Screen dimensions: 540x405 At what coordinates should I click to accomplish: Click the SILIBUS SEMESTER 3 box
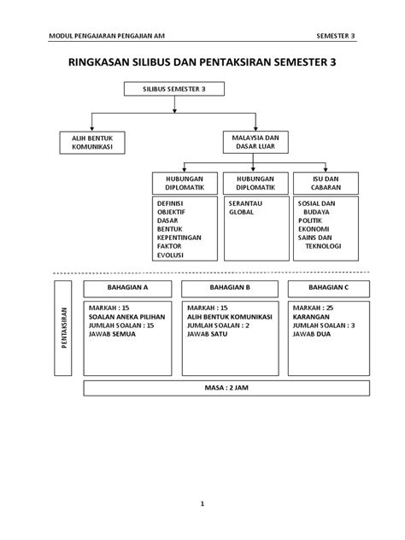point(175,87)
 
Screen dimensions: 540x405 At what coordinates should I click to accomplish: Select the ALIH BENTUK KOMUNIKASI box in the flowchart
point(92,142)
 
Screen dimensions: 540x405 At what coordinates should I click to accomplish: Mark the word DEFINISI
point(172,203)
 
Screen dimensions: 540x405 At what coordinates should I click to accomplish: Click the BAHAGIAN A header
point(127,287)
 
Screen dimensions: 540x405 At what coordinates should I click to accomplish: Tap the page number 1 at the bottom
point(202,504)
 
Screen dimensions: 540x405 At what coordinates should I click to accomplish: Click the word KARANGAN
point(311,315)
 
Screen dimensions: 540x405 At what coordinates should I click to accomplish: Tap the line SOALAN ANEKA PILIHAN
point(126,315)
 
